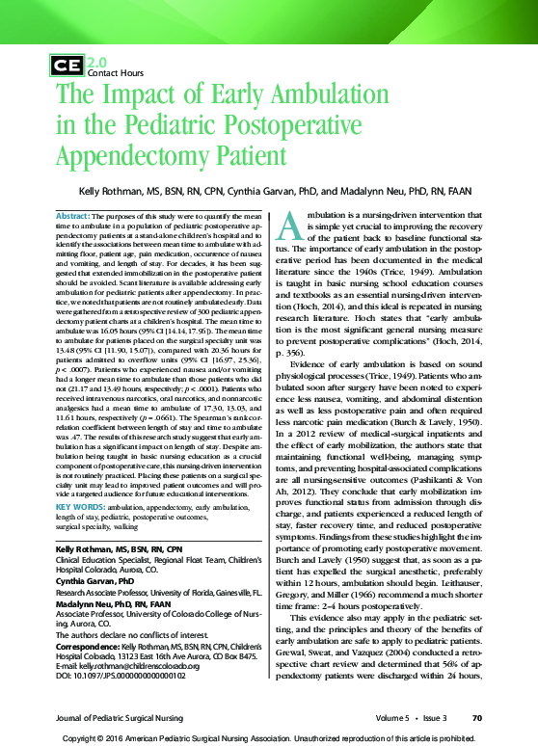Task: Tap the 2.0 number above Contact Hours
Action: (96, 61)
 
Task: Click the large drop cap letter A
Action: (289, 226)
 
